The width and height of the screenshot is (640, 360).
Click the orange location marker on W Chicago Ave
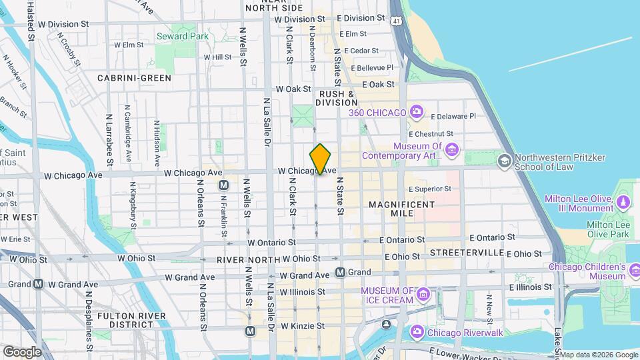[321, 159]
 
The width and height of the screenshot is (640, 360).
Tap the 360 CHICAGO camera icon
[417, 111]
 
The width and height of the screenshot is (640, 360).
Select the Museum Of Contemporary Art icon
[452, 151]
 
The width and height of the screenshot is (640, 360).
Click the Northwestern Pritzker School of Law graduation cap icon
[505, 160]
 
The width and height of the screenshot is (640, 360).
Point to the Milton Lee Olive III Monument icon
[624, 201]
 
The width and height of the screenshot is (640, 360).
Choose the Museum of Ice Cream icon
[422, 295]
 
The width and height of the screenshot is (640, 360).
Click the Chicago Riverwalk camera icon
[417, 331]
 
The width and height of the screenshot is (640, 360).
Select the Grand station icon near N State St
[341, 272]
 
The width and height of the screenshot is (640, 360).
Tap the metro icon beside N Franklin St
[224, 185]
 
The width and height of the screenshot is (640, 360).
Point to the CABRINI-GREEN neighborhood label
[133, 78]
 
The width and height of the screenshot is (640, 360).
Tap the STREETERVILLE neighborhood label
[466, 253]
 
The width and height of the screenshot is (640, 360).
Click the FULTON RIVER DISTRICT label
[126, 320]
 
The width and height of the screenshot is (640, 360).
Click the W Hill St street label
[213, 57]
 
